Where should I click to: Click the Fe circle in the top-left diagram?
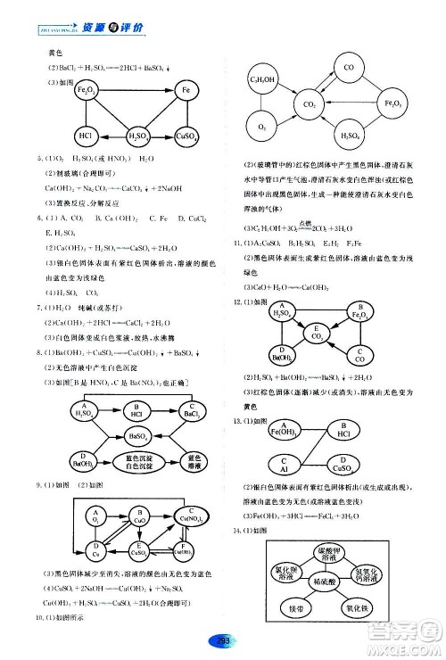(186, 92)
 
